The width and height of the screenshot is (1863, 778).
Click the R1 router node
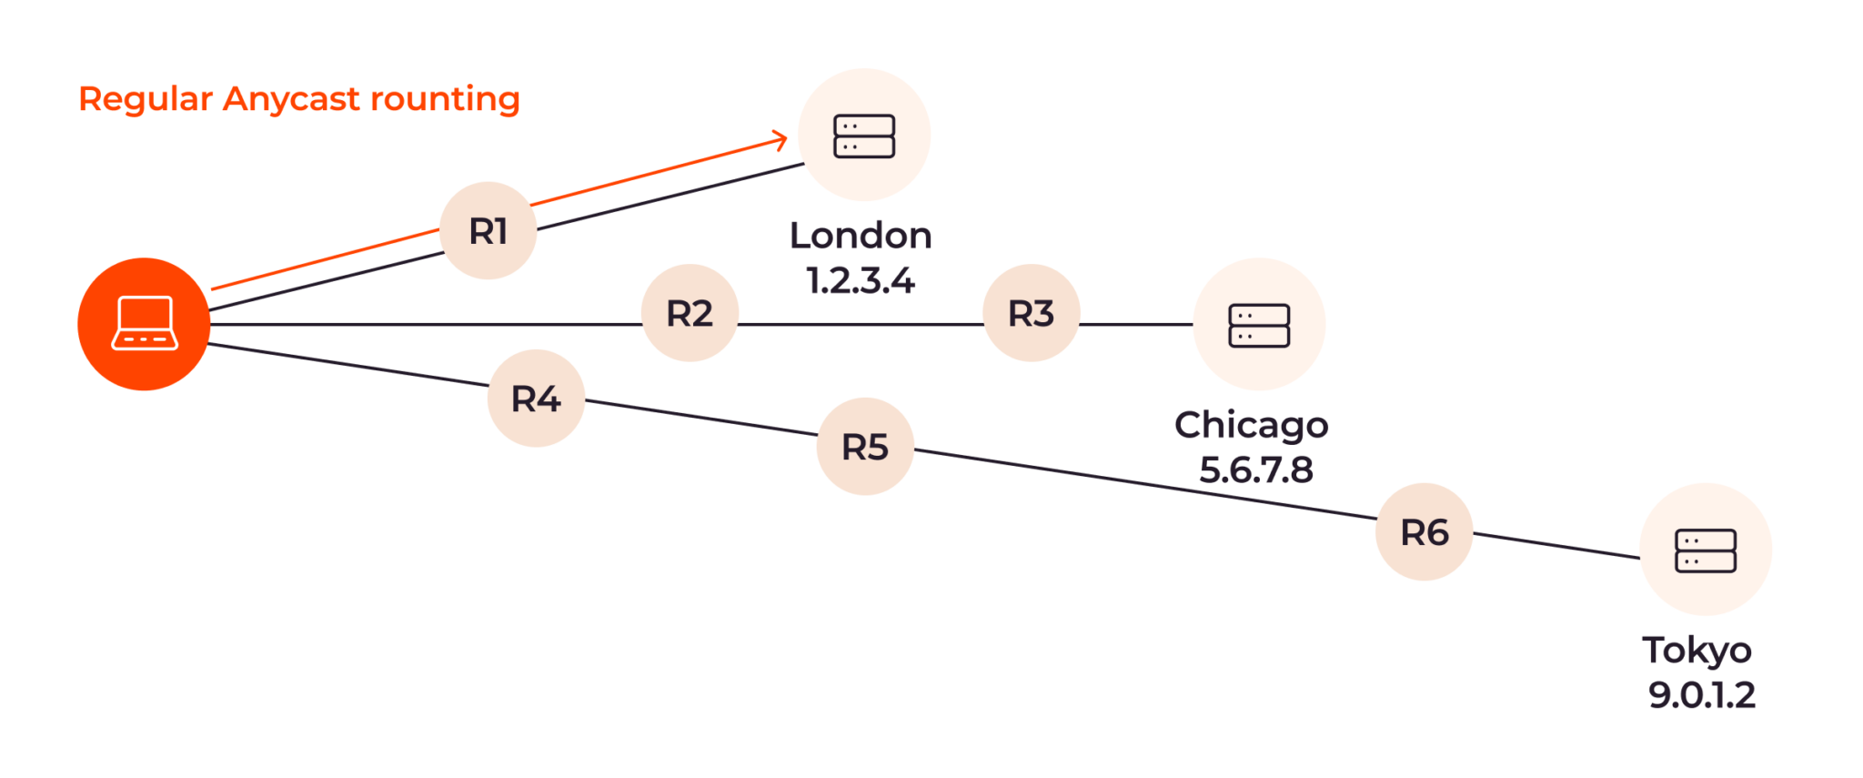(x=488, y=231)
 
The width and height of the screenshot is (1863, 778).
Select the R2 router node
(x=690, y=314)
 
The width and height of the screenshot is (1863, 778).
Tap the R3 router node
(x=1031, y=314)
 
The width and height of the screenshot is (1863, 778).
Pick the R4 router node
(x=536, y=399)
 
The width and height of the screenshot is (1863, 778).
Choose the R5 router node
(x=864, y=447)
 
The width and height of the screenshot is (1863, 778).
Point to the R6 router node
(x=1424, y=532)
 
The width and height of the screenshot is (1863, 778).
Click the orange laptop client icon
(x=144, y=324)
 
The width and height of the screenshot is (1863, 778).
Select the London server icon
(x=864, y=136)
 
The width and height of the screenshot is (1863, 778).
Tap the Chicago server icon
(x=1259, y=325)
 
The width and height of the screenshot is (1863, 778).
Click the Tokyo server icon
(x=1706, y=551)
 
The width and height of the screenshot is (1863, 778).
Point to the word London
(x=861, y=236)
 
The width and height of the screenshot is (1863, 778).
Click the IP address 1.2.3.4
(x=861, y=280)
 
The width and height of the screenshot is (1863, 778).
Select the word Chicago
(x=1252, y=425)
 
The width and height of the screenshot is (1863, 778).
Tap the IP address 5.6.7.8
(x=1256, y=470)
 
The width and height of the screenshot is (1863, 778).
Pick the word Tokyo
(x=1697, y=651)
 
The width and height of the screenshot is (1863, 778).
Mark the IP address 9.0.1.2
(x=1701, y=695)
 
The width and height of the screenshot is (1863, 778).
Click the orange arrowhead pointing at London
(x=780, y=139)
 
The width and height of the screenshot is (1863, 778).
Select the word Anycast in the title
(x=291, y=99)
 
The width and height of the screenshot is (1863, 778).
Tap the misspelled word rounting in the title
(x=446, y=99)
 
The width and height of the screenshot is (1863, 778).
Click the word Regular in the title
(x=146, y=99)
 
